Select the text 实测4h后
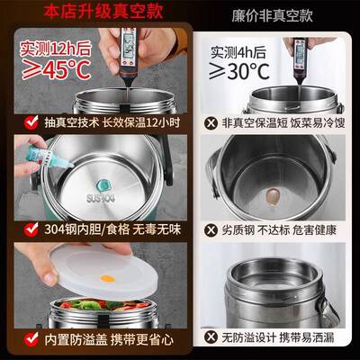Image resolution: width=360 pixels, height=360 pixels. [x=238, y=50]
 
